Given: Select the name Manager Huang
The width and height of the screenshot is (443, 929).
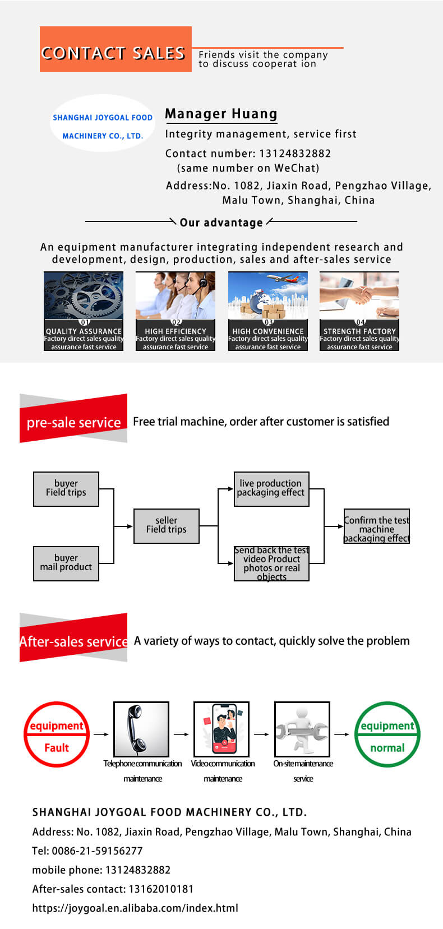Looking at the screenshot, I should (221, 114).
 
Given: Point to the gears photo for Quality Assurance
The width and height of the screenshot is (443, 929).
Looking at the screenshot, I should (84, 295).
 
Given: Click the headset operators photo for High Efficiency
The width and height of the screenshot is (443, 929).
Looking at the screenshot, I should (176, 295).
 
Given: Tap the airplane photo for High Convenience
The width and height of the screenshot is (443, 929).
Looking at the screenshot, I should (268, 295).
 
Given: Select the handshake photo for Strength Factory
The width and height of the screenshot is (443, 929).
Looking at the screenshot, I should (359, 295).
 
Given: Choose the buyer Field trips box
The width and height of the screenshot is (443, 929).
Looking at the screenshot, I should (66, 489).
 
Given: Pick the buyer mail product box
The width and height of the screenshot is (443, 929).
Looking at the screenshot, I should (66, 563).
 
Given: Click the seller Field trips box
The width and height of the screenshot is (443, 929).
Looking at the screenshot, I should (167, 526).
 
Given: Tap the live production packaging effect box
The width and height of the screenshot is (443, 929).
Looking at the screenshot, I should (271, 489).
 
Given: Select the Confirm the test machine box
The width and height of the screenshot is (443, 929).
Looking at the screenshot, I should (377, 526).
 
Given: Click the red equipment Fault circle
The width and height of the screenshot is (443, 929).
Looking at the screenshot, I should (57, 734).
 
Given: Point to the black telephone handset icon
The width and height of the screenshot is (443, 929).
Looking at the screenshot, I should (141, 729).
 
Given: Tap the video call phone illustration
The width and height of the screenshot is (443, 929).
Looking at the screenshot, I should (223, 729).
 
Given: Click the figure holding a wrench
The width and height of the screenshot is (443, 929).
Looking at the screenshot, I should (302, 729).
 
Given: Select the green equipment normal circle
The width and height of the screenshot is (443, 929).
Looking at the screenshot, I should (387, 734).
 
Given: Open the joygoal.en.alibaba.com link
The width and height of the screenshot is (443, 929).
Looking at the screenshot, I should (135, 908).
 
